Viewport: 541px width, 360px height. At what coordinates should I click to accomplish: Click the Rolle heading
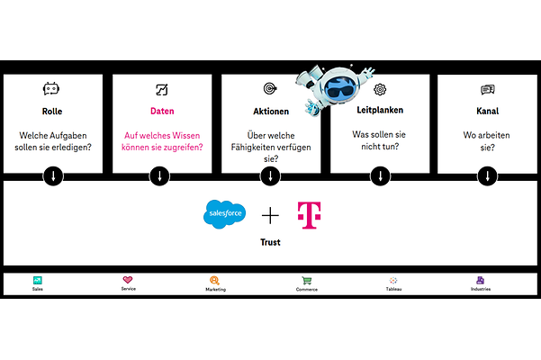coord(52,112)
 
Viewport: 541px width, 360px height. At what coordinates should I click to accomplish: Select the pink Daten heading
coord(162,112)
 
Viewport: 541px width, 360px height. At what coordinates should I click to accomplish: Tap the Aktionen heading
coord(271,112)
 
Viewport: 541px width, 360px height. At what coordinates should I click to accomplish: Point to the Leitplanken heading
coord(380,112)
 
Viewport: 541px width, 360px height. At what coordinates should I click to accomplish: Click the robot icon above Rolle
coord(52,89)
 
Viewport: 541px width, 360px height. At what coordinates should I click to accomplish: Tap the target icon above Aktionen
coord(270,89)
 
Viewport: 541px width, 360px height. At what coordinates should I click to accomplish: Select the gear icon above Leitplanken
coord(380,89)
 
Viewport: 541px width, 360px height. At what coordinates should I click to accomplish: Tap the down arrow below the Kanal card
coord(489,175)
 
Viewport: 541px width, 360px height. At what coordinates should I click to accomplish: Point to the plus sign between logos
coord(271,215)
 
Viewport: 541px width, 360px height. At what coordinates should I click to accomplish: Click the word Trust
coord(271,242)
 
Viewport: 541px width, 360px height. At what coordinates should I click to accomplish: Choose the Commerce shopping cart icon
coord(307,280)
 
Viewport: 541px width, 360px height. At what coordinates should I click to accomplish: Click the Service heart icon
coord(128,280)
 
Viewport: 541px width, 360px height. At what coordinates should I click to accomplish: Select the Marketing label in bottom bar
coord(215,290)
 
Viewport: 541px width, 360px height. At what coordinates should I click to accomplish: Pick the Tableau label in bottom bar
coord(394,290)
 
